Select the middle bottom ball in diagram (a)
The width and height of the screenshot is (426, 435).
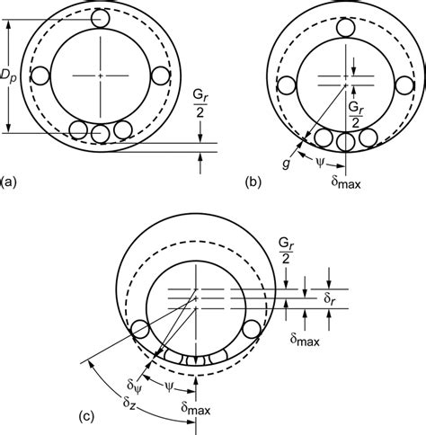[100, 131]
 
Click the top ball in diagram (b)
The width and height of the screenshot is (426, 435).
[345, 29]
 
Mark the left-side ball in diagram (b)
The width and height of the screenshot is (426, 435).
[288, 85]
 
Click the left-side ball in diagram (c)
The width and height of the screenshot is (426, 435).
[140, 330]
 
